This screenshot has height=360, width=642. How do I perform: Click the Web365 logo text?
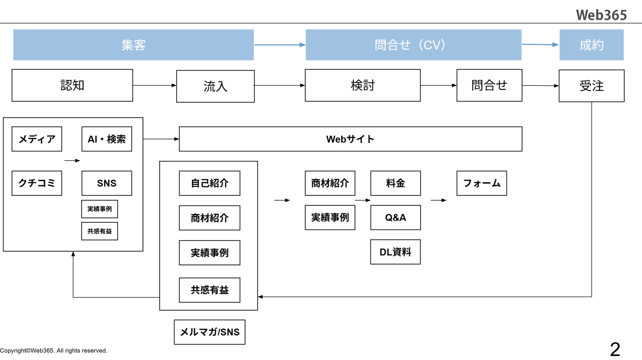pos(601,15)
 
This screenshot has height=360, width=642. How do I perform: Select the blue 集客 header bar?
pos(133,45)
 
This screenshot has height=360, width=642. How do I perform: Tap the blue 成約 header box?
pos(591,45)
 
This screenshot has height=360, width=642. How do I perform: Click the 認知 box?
pos(72,85)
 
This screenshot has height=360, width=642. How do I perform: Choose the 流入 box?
pos(215,86)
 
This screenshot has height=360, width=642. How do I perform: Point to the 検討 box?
pos(362,85)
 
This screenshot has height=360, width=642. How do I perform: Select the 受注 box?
pos(591,86)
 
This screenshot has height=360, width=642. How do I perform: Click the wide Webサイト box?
pos(350,139)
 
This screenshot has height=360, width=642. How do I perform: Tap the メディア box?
pos(37,139)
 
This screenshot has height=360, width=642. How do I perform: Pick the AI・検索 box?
pos(107,139)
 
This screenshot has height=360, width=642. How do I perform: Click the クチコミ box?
pos(37,183)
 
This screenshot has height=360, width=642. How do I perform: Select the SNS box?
pos(107,183)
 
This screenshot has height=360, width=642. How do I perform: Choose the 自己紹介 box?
pos(209,183)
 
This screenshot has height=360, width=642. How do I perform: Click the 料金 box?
pos(395,183)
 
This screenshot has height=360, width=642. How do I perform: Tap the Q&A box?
pos(395,218)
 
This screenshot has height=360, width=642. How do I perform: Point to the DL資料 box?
pos(395,252)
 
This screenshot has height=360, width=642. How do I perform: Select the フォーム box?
pos(481,183)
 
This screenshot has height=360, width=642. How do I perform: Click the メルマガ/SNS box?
pos(209,332)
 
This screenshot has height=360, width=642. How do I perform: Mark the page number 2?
pos(615,349)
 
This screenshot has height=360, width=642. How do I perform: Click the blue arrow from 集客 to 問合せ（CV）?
pos(280,45)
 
